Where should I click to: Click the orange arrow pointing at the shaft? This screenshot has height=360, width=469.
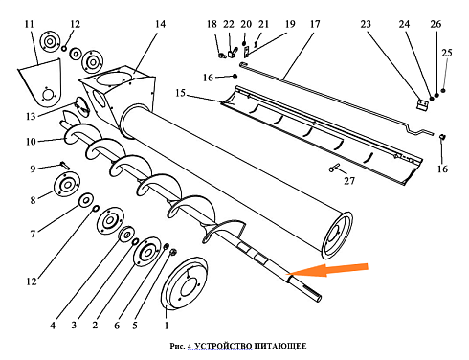point(327,270)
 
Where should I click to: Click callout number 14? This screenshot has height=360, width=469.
point(160,24)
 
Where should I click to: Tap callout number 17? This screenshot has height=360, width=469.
point(315,24)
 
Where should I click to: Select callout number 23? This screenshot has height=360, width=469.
point(366,24)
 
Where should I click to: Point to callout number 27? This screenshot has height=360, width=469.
point(349,181)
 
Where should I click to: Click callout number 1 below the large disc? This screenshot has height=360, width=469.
point(167,326)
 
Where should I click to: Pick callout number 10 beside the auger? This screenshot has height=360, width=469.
point(31,142)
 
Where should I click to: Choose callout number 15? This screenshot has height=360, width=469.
point(180,93)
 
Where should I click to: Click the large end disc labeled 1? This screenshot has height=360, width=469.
point(184,283)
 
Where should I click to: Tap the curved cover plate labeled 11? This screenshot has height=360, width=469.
point(39,83)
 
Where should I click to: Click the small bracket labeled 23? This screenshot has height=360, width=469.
point(422,105)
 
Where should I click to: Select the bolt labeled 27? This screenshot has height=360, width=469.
point(335,168)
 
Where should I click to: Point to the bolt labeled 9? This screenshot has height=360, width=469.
point(65,166)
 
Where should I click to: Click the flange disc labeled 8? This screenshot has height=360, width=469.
point(67,184)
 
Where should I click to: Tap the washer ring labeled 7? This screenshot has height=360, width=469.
point(86,200)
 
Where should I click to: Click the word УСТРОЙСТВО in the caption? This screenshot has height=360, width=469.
point(223,346)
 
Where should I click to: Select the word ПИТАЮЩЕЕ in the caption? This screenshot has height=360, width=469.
point(280,346)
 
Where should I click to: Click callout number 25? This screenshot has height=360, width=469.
point(447,53)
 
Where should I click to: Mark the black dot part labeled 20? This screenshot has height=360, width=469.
point(244,43)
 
